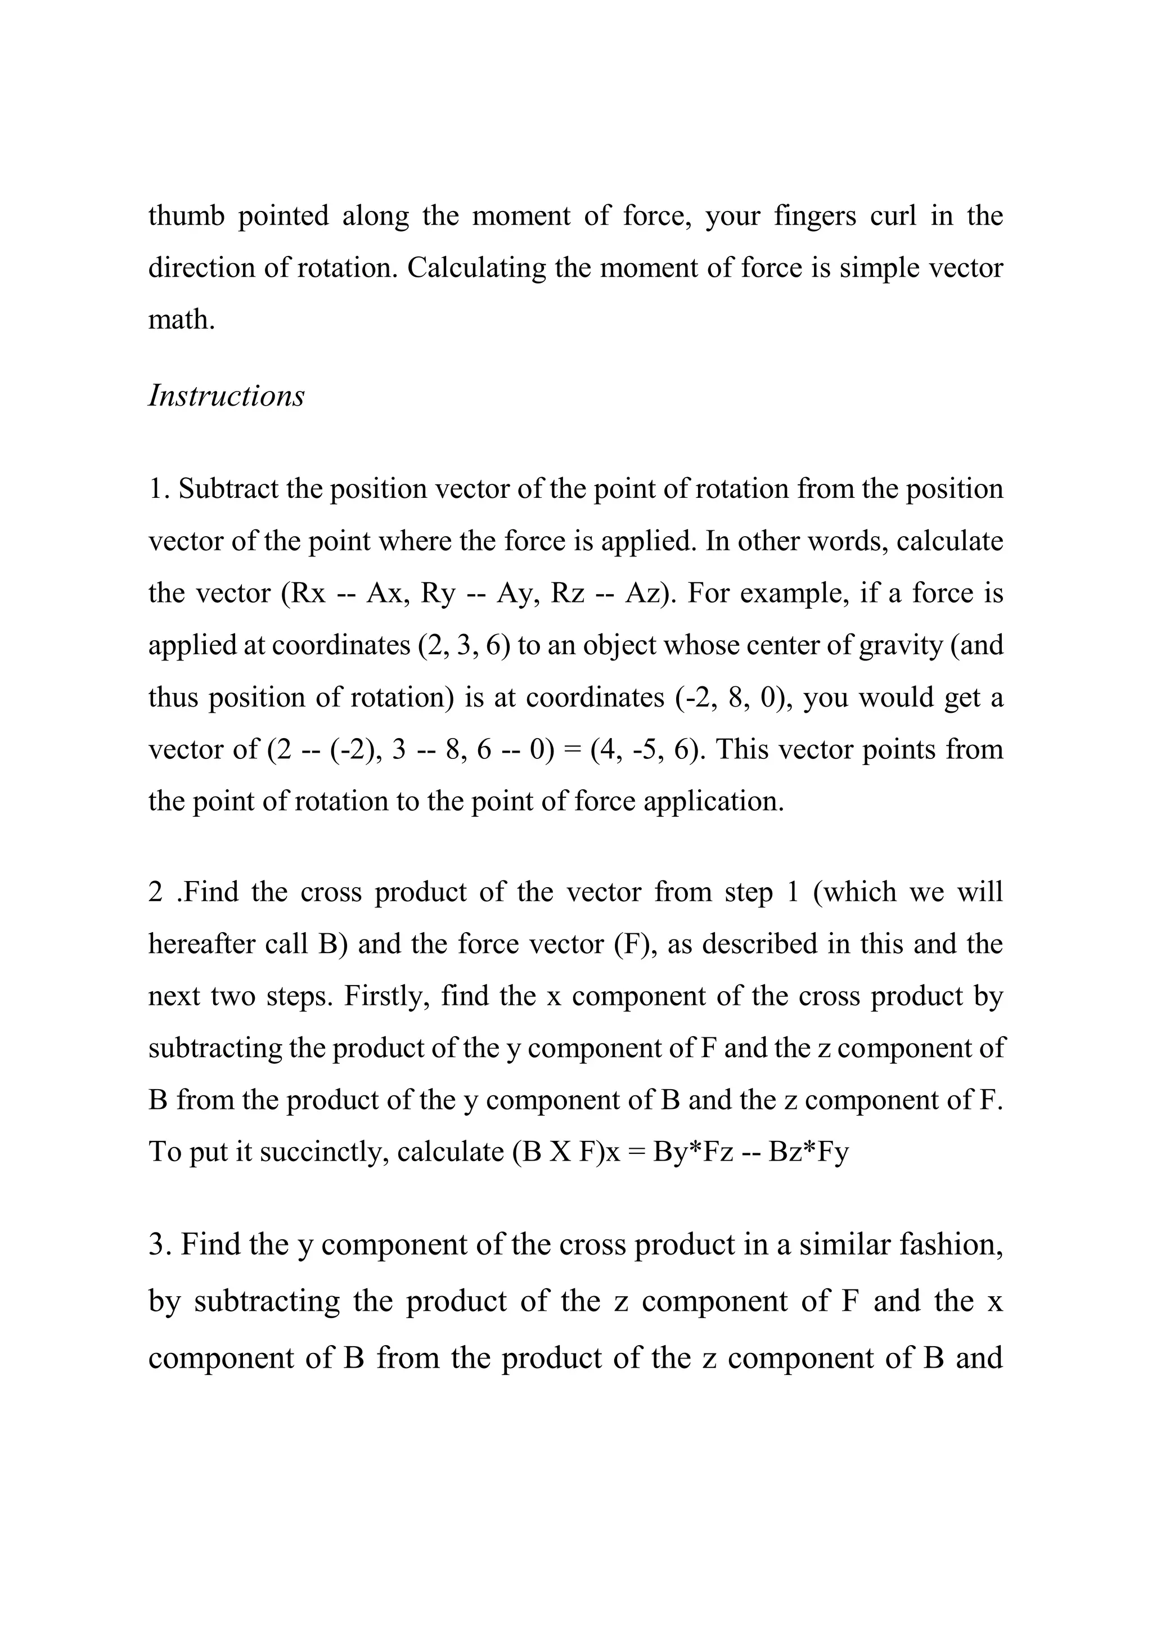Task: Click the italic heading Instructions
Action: pyautogui.click(x=226, y=396)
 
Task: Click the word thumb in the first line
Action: pyautogui.click(x=186, y=216)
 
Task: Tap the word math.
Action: pyautogui.click(x=181, y=320)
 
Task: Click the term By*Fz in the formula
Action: pyautogui.click(x=693, y=1152)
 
